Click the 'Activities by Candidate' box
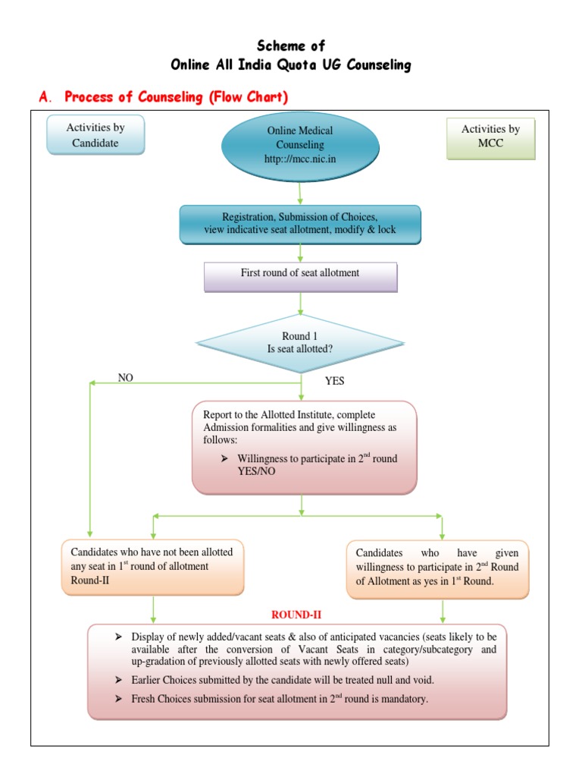pos(95,135)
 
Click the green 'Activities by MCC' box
pos(490,137)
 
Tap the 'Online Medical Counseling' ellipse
pos(300,145)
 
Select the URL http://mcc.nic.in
pos(300,159)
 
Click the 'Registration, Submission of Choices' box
pos(300,223)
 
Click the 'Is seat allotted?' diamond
pos(300,343)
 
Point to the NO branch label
pos(125,377)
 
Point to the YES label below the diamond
pos(334,381)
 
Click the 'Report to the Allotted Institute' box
pos(304,446)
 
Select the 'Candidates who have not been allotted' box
pos(152,566)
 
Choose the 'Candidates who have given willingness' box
pos(437,568)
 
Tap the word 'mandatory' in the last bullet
pos(405,699)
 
